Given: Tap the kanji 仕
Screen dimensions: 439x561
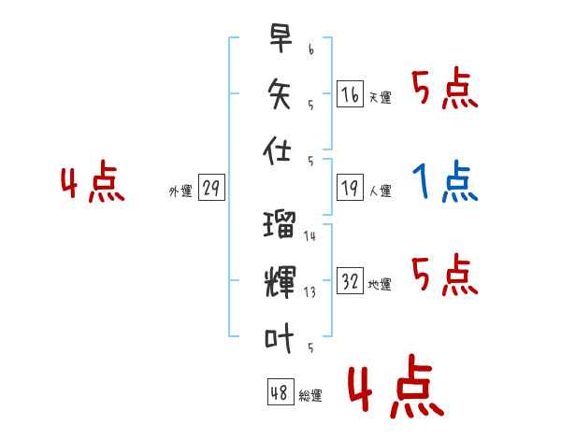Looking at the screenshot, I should coord(280,151).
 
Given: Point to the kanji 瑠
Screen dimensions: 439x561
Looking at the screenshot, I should coord(280,224).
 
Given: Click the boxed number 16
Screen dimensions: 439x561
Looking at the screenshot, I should coord(351,94).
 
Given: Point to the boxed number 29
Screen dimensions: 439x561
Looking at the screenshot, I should coord(211,189).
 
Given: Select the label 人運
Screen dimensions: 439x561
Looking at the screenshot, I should coord(380,191).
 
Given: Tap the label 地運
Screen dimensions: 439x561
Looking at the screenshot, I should coord(380,285).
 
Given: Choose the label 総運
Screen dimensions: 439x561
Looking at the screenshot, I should coord(310,396).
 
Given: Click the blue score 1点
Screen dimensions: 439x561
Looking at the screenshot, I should coord(445,181).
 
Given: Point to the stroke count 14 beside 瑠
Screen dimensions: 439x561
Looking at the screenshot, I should coord(309,236).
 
